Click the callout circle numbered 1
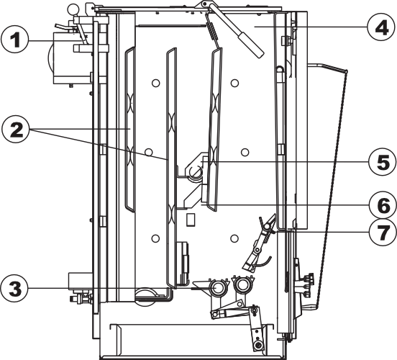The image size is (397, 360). coord(14,40)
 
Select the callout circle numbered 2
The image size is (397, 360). coord(15,130)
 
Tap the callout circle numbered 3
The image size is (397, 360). coord(14,289)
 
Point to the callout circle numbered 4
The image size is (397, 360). coord(381,27)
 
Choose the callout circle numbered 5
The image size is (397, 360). coord(383,162)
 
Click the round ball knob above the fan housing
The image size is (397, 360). coord(73,10)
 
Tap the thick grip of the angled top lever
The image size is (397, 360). coord(251,45)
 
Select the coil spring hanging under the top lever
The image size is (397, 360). coord(214,31)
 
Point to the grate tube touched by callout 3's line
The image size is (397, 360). coord(217,288)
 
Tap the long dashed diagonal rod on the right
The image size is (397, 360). coord(332,187)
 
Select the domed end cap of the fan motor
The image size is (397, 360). coord(50,60)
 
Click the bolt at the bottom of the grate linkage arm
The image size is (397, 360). coord(258,346)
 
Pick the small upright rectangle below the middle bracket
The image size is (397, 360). coord(190,220)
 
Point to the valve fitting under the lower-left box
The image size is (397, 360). coord(81,298)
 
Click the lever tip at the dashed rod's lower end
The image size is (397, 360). coord(310,307)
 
